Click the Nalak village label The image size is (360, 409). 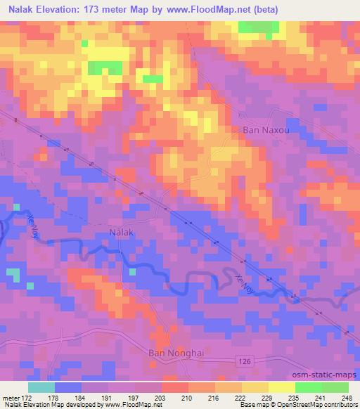pos(121,231)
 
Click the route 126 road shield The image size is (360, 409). pos(243,358)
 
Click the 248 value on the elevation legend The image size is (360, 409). pos(347,397)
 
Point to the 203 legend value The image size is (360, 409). pos(161,397)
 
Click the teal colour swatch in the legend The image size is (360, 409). pos(41,387)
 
